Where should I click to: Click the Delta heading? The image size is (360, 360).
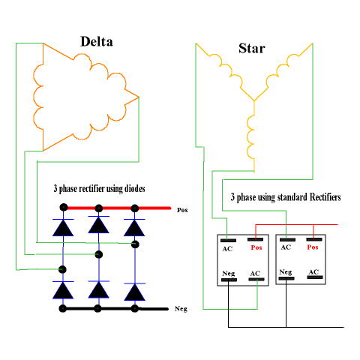point(97,41)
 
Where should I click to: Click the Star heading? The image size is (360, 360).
point(252,48)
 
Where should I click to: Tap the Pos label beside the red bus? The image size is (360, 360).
point(182,210)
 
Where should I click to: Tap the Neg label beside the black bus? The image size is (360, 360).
point(181,309)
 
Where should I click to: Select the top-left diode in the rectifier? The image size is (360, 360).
point(63,227)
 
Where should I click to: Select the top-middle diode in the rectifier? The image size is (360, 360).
point(99,224)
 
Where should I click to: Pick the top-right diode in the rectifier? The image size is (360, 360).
point(134,227)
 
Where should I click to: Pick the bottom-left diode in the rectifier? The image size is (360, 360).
point(63,290)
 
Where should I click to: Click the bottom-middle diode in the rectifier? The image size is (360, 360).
point(99,289)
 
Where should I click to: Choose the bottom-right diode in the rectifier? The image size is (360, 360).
point(134,292)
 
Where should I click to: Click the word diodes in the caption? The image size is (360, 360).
point(135,188)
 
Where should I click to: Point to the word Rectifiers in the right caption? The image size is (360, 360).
point(325,197)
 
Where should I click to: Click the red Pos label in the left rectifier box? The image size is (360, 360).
point(256,247)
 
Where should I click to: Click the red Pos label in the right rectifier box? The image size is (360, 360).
point(313,247)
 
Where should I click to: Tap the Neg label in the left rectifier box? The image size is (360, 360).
point(229,274)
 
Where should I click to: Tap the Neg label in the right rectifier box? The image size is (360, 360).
point(286,272)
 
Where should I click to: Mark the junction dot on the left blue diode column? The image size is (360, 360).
point(62,269)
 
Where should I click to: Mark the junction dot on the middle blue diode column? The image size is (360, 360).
point(99,255)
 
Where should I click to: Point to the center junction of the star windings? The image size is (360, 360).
point(254,100)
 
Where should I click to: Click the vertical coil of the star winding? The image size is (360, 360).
point(250,136)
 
